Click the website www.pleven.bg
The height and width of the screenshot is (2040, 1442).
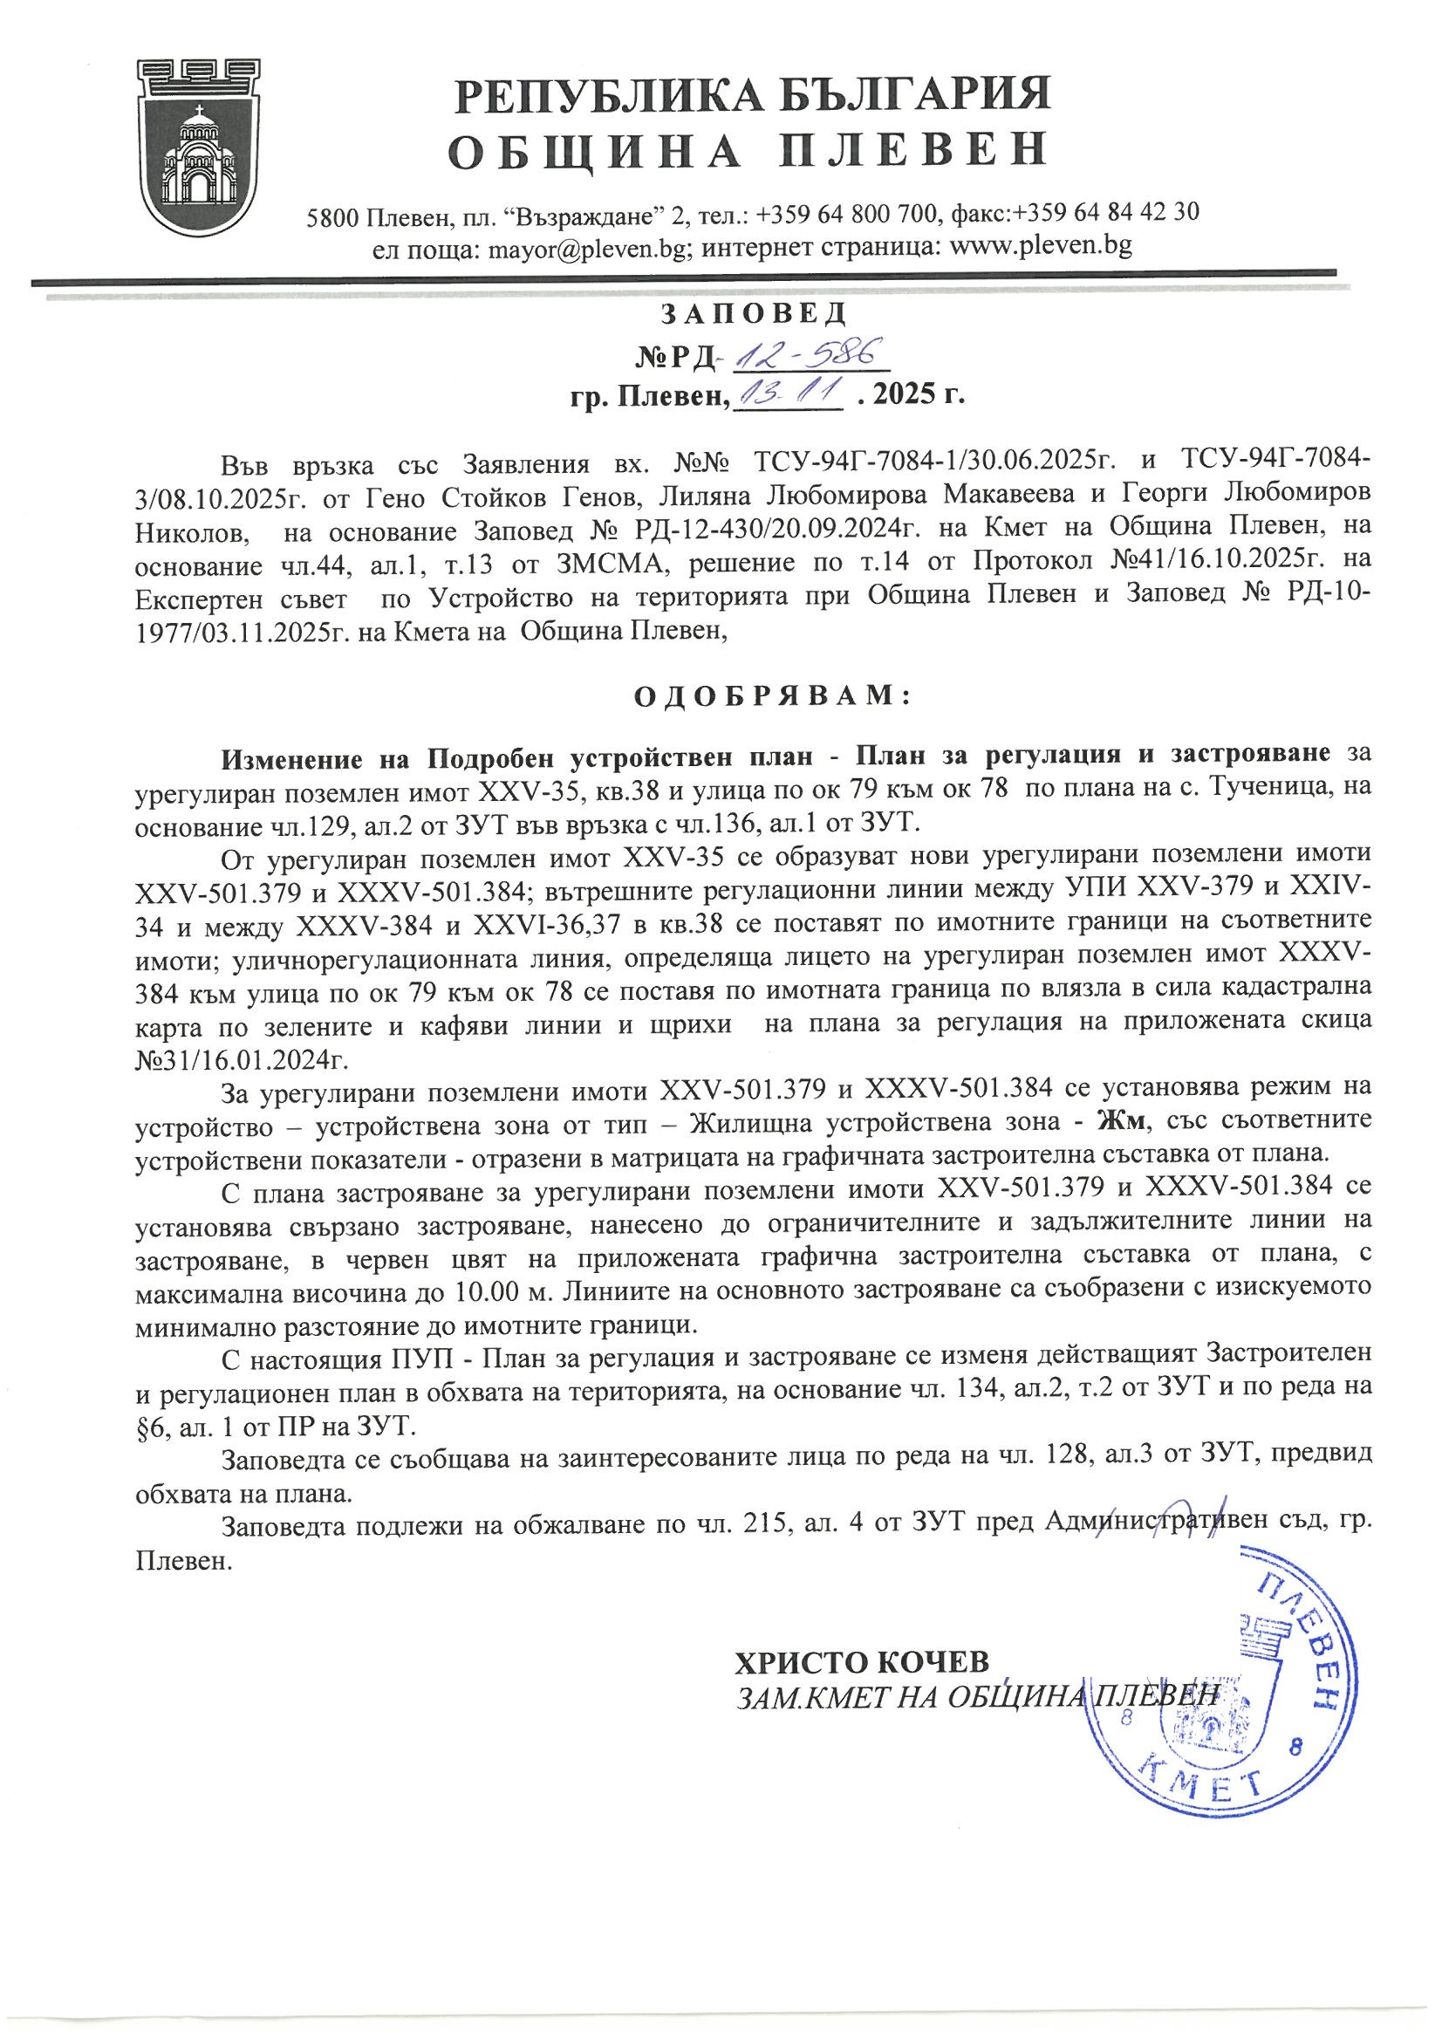click(1042, 245)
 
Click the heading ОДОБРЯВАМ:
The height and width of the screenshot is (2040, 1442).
click(772, 695)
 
